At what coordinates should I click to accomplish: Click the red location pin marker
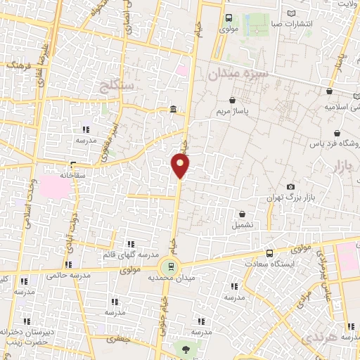point(181,166)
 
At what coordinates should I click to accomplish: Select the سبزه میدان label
point(238,72)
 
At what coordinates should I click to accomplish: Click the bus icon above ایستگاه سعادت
point(270,253)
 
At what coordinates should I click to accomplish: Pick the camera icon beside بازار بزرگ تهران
point(290,186)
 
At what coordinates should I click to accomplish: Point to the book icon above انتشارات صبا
point(292,13)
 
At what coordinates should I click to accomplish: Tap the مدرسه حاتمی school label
point(70,276)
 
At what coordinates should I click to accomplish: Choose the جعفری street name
point(119,339)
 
